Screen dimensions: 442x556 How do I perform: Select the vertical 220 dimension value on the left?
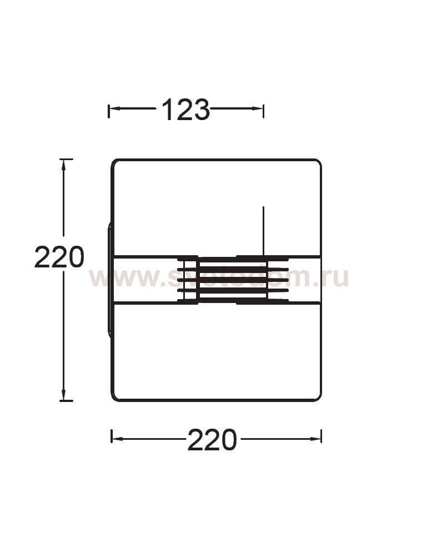point(59,257)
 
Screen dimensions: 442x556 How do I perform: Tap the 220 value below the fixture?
point(212,440)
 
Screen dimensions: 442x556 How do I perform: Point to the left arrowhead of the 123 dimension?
point(113,108)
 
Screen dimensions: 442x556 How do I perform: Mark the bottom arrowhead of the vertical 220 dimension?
point(64,395)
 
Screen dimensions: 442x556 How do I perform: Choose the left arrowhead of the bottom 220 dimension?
point(117,439)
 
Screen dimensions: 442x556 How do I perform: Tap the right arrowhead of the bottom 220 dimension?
point(317,439)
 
